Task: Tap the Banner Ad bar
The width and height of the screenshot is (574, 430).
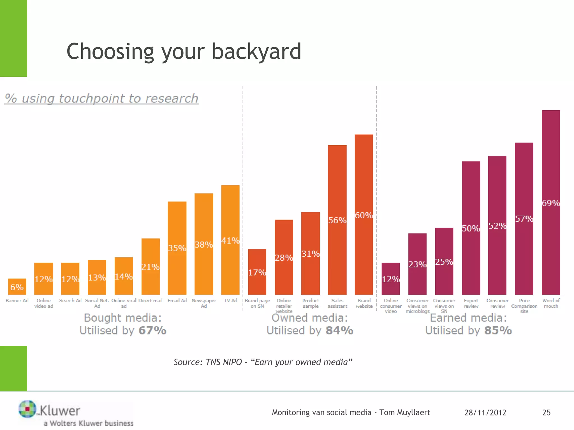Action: click(17, 287)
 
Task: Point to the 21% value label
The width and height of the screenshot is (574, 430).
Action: click(150, 267)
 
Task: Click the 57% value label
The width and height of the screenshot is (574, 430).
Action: click(524, 219)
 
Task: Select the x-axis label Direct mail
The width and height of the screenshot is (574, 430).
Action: click(151, 301)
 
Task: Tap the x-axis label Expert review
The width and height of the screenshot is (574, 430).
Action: click(471, 303)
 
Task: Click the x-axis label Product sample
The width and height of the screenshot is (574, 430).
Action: click(311, 303)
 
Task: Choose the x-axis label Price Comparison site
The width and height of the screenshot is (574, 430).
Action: click(524, 306)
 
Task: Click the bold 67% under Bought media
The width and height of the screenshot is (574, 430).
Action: click(152, 331)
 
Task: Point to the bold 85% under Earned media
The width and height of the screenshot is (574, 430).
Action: click(498, 331)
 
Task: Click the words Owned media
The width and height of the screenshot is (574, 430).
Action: click(309, 318)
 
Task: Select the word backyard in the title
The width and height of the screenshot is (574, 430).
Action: click(256, 52)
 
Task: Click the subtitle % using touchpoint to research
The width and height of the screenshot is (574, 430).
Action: click(101, 99)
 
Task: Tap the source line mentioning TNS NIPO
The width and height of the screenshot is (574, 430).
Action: click(263, 362)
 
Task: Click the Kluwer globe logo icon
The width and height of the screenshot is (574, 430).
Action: click(27, 409)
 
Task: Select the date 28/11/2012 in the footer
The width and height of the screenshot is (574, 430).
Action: click(485, 413)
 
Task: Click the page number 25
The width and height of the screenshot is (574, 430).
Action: click(546, 413)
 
